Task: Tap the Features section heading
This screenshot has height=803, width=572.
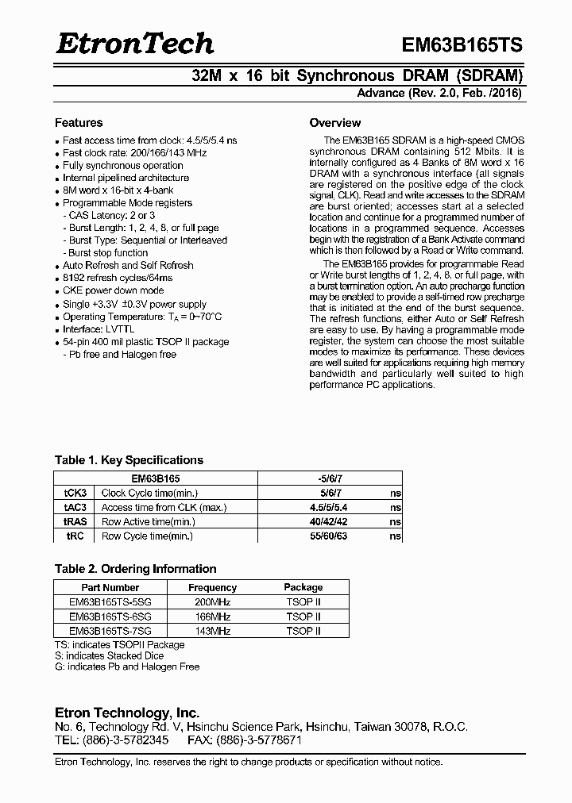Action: coord(79,123)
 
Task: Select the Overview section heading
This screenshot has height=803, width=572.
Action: coord(334,123)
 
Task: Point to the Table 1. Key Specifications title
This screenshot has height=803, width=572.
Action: coord(129,460)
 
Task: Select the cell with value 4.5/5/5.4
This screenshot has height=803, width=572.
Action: coord(327,507)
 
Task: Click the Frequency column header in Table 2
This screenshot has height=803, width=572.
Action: coord(212,587)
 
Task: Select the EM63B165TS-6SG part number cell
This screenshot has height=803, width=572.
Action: coord(110,617)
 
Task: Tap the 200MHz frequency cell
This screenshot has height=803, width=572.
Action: coord(212,602)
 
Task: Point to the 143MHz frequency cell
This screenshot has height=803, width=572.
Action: coord(212,631)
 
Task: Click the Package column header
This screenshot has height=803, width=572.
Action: coord(303,587)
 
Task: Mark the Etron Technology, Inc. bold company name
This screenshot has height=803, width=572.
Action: coord(126,713)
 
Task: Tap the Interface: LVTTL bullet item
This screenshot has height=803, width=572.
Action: coord(94,329)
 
